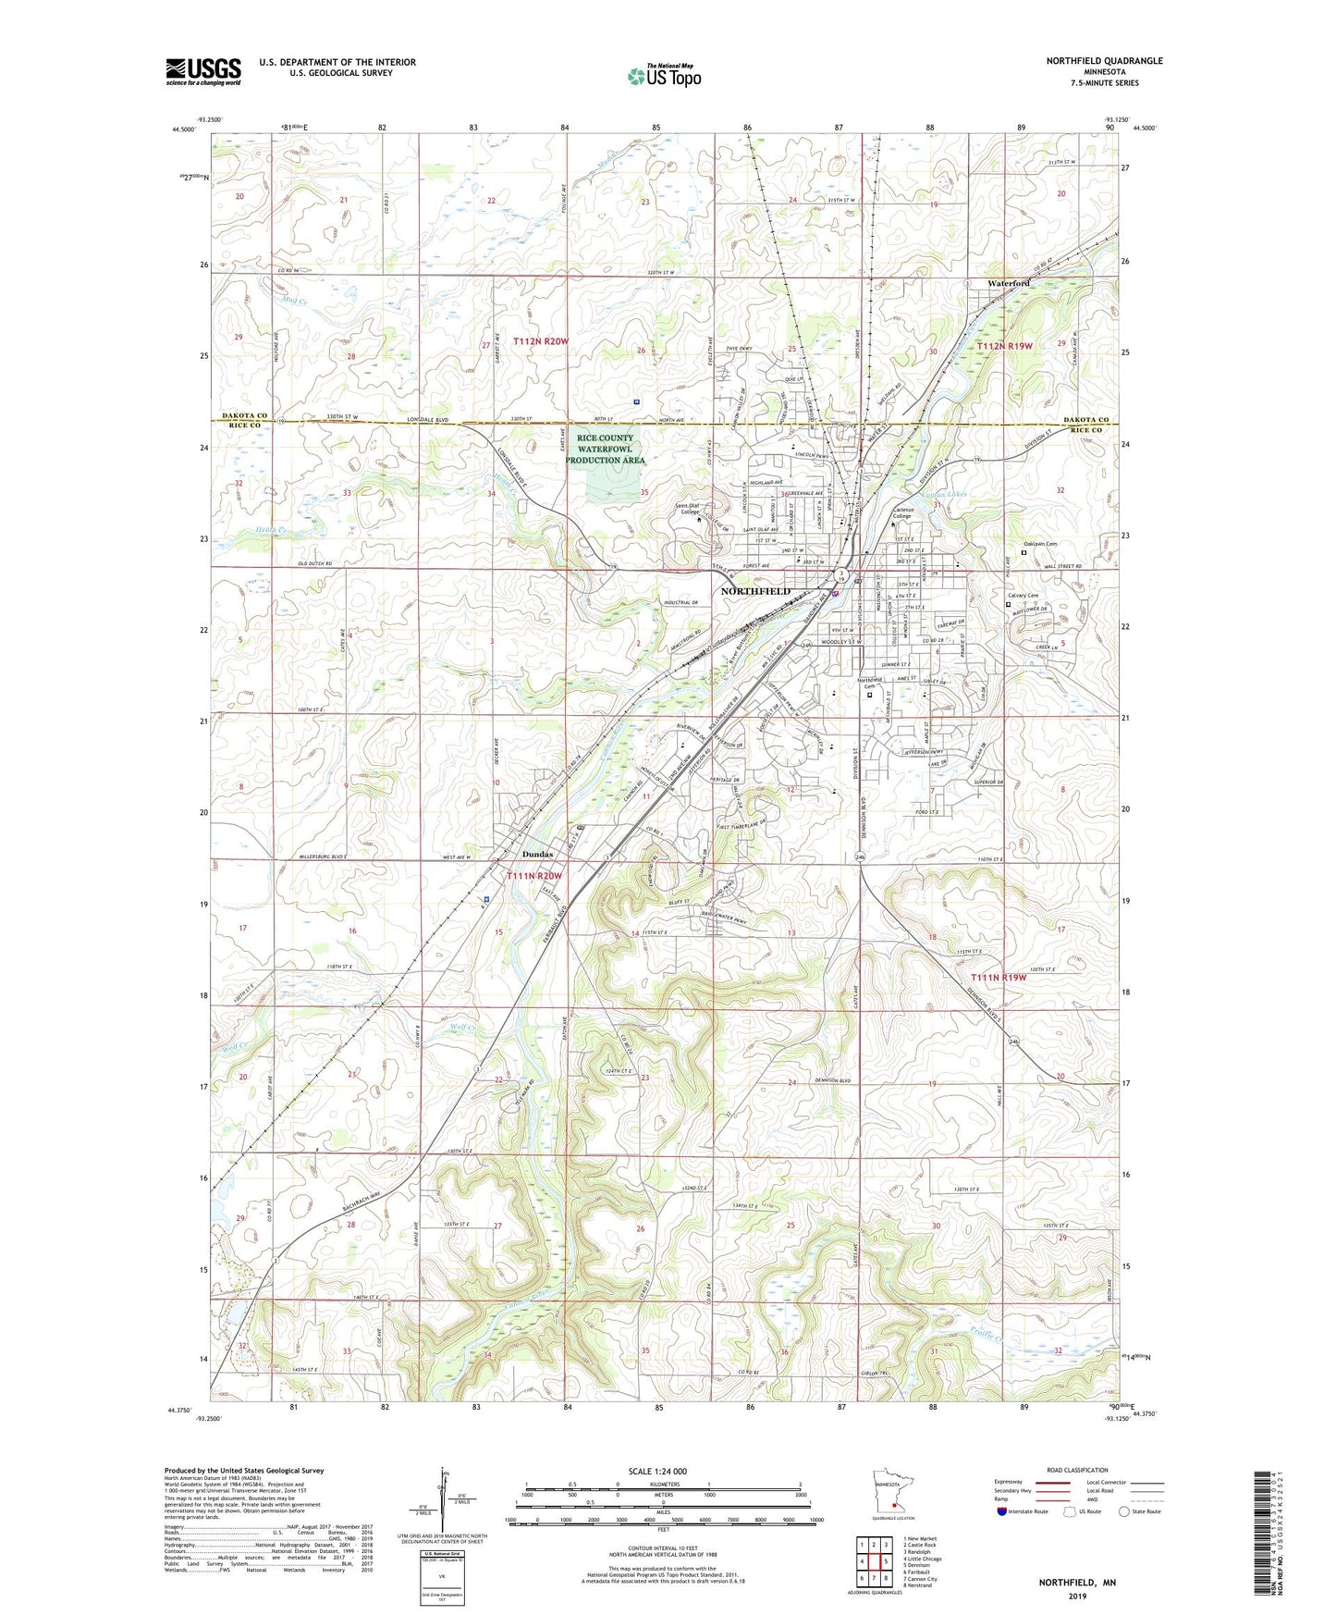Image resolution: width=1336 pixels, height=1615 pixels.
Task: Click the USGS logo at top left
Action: [203, 70]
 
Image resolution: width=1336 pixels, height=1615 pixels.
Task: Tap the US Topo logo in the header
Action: [663, 76]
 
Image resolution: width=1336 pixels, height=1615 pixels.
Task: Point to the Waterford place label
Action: [1008, 283]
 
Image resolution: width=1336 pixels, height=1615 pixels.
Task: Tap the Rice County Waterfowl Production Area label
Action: [606, 449]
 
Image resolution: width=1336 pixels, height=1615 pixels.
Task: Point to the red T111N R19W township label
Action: [999, 978]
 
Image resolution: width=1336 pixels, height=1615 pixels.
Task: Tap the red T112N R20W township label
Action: [541, 341]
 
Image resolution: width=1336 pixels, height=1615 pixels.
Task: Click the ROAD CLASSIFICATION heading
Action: [1077, 1470]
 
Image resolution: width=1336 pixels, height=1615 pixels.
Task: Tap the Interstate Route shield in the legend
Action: [1003, 1510]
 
